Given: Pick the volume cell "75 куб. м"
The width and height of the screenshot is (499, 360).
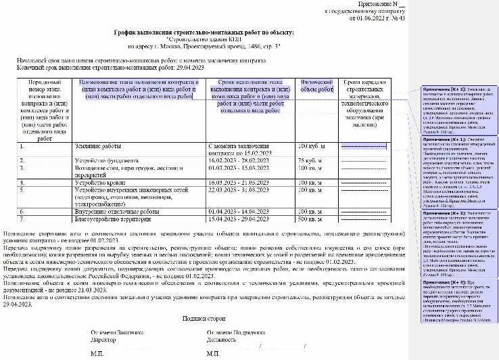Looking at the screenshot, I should click(311, 160).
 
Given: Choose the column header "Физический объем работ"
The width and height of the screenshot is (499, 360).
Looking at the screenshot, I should click(316, 89).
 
